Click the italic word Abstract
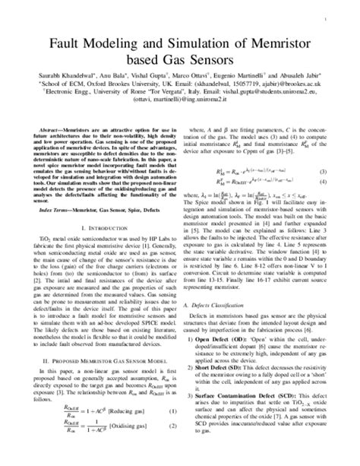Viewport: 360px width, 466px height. coord(44,131)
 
